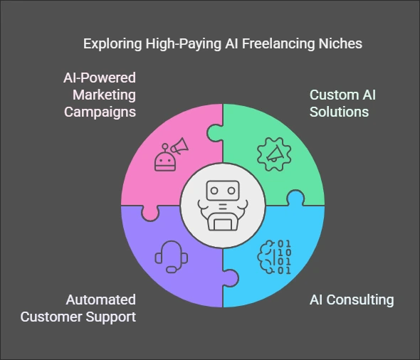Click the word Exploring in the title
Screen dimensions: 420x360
pyautogui.click(x=112, y=44)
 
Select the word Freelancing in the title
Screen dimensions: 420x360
pyautogui.click(x=278, y=44)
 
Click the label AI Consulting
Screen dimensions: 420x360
pyautogui.click(x=352, y=300)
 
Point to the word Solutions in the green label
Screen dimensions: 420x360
pyautogui.click(x=339, y=112)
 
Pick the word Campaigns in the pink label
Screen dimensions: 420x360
pyautogui.click(x=100, y=112)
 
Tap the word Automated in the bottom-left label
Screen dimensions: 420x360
pyautogui.click(x=100, y=300)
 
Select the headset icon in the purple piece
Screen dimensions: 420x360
pyautogui.click(x=172, y=257)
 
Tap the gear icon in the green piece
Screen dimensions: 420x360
pyautogui.click(x=274, y=154)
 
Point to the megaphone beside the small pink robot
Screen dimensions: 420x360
pyautogui.click(x=179, y=146)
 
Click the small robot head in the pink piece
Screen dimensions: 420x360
pyautogui.click(x=165, y=162)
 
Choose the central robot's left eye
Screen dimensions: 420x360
pyautogui.click(x=214, y=191)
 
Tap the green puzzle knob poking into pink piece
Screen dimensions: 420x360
pyautogui.click(x=215, y=133)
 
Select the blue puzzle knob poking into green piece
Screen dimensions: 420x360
pyautogui.click(x=295, y=198)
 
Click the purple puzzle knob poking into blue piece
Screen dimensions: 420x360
pyautogui.click(x=231, y=278)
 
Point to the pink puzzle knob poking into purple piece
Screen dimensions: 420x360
pyautogui.click(x=150, y=213)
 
